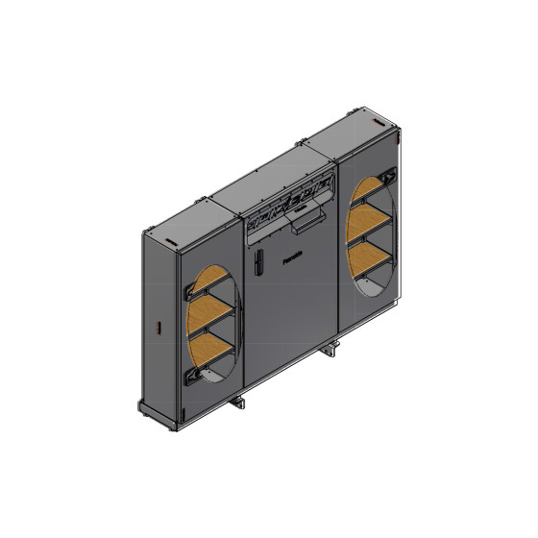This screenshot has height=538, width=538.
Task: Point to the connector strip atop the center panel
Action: pos(288,204)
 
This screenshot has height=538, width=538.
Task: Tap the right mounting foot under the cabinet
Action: pos(332,350)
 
